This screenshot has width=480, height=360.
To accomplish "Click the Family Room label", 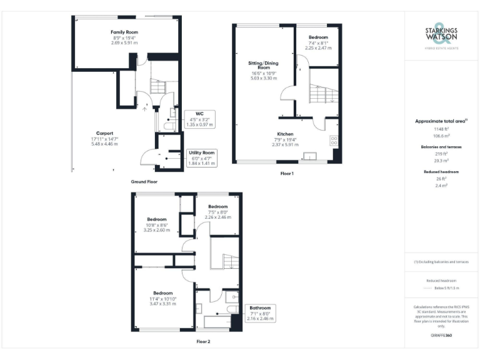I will pos(124,32).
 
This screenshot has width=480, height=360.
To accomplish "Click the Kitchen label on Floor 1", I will pos(285,134).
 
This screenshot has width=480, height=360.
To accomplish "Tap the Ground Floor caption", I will pos(144,182).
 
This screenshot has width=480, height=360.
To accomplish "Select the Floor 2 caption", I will pos(204,342).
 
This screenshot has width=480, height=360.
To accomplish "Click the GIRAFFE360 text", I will pos(441,336).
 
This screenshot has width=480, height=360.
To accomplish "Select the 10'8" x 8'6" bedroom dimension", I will pos(157,225).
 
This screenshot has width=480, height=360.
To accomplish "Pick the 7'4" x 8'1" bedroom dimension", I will pos(318,42).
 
